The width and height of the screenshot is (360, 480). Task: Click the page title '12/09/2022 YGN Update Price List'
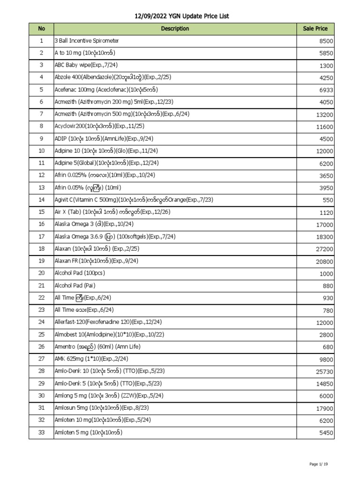tap(182, 16)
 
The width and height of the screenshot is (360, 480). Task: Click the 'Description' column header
tap(175, 29)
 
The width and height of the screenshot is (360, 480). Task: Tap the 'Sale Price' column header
tap(315, 29)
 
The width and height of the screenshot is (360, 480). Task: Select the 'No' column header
tap(41, 29)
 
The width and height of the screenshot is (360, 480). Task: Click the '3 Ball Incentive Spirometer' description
tap(87, 41)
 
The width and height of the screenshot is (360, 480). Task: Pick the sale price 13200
tap(324, 115)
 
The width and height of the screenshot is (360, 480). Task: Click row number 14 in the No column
tap(41, 199)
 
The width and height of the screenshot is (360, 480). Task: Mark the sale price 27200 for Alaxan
tap(324, 249)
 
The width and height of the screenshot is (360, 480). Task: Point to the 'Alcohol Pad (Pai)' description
tap(75, 285)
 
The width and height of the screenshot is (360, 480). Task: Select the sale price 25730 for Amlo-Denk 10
tap(324, 371)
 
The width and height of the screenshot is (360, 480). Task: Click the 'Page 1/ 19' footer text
tap(319, 464)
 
